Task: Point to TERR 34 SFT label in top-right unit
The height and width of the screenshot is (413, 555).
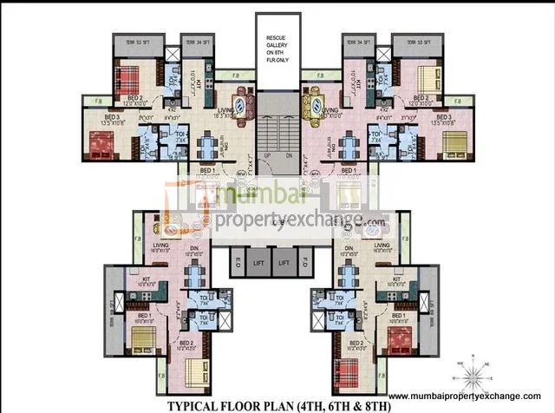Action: point(356,41)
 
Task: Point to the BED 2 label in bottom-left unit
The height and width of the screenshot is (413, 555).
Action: point(186,343)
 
